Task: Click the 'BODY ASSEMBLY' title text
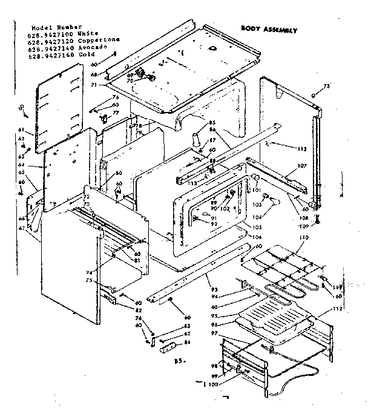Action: click(268, 28)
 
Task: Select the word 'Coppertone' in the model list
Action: click(101, 40)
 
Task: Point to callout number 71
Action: click(94, 86)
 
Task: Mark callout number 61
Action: click(21, 130)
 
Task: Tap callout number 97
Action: click(212, 333)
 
